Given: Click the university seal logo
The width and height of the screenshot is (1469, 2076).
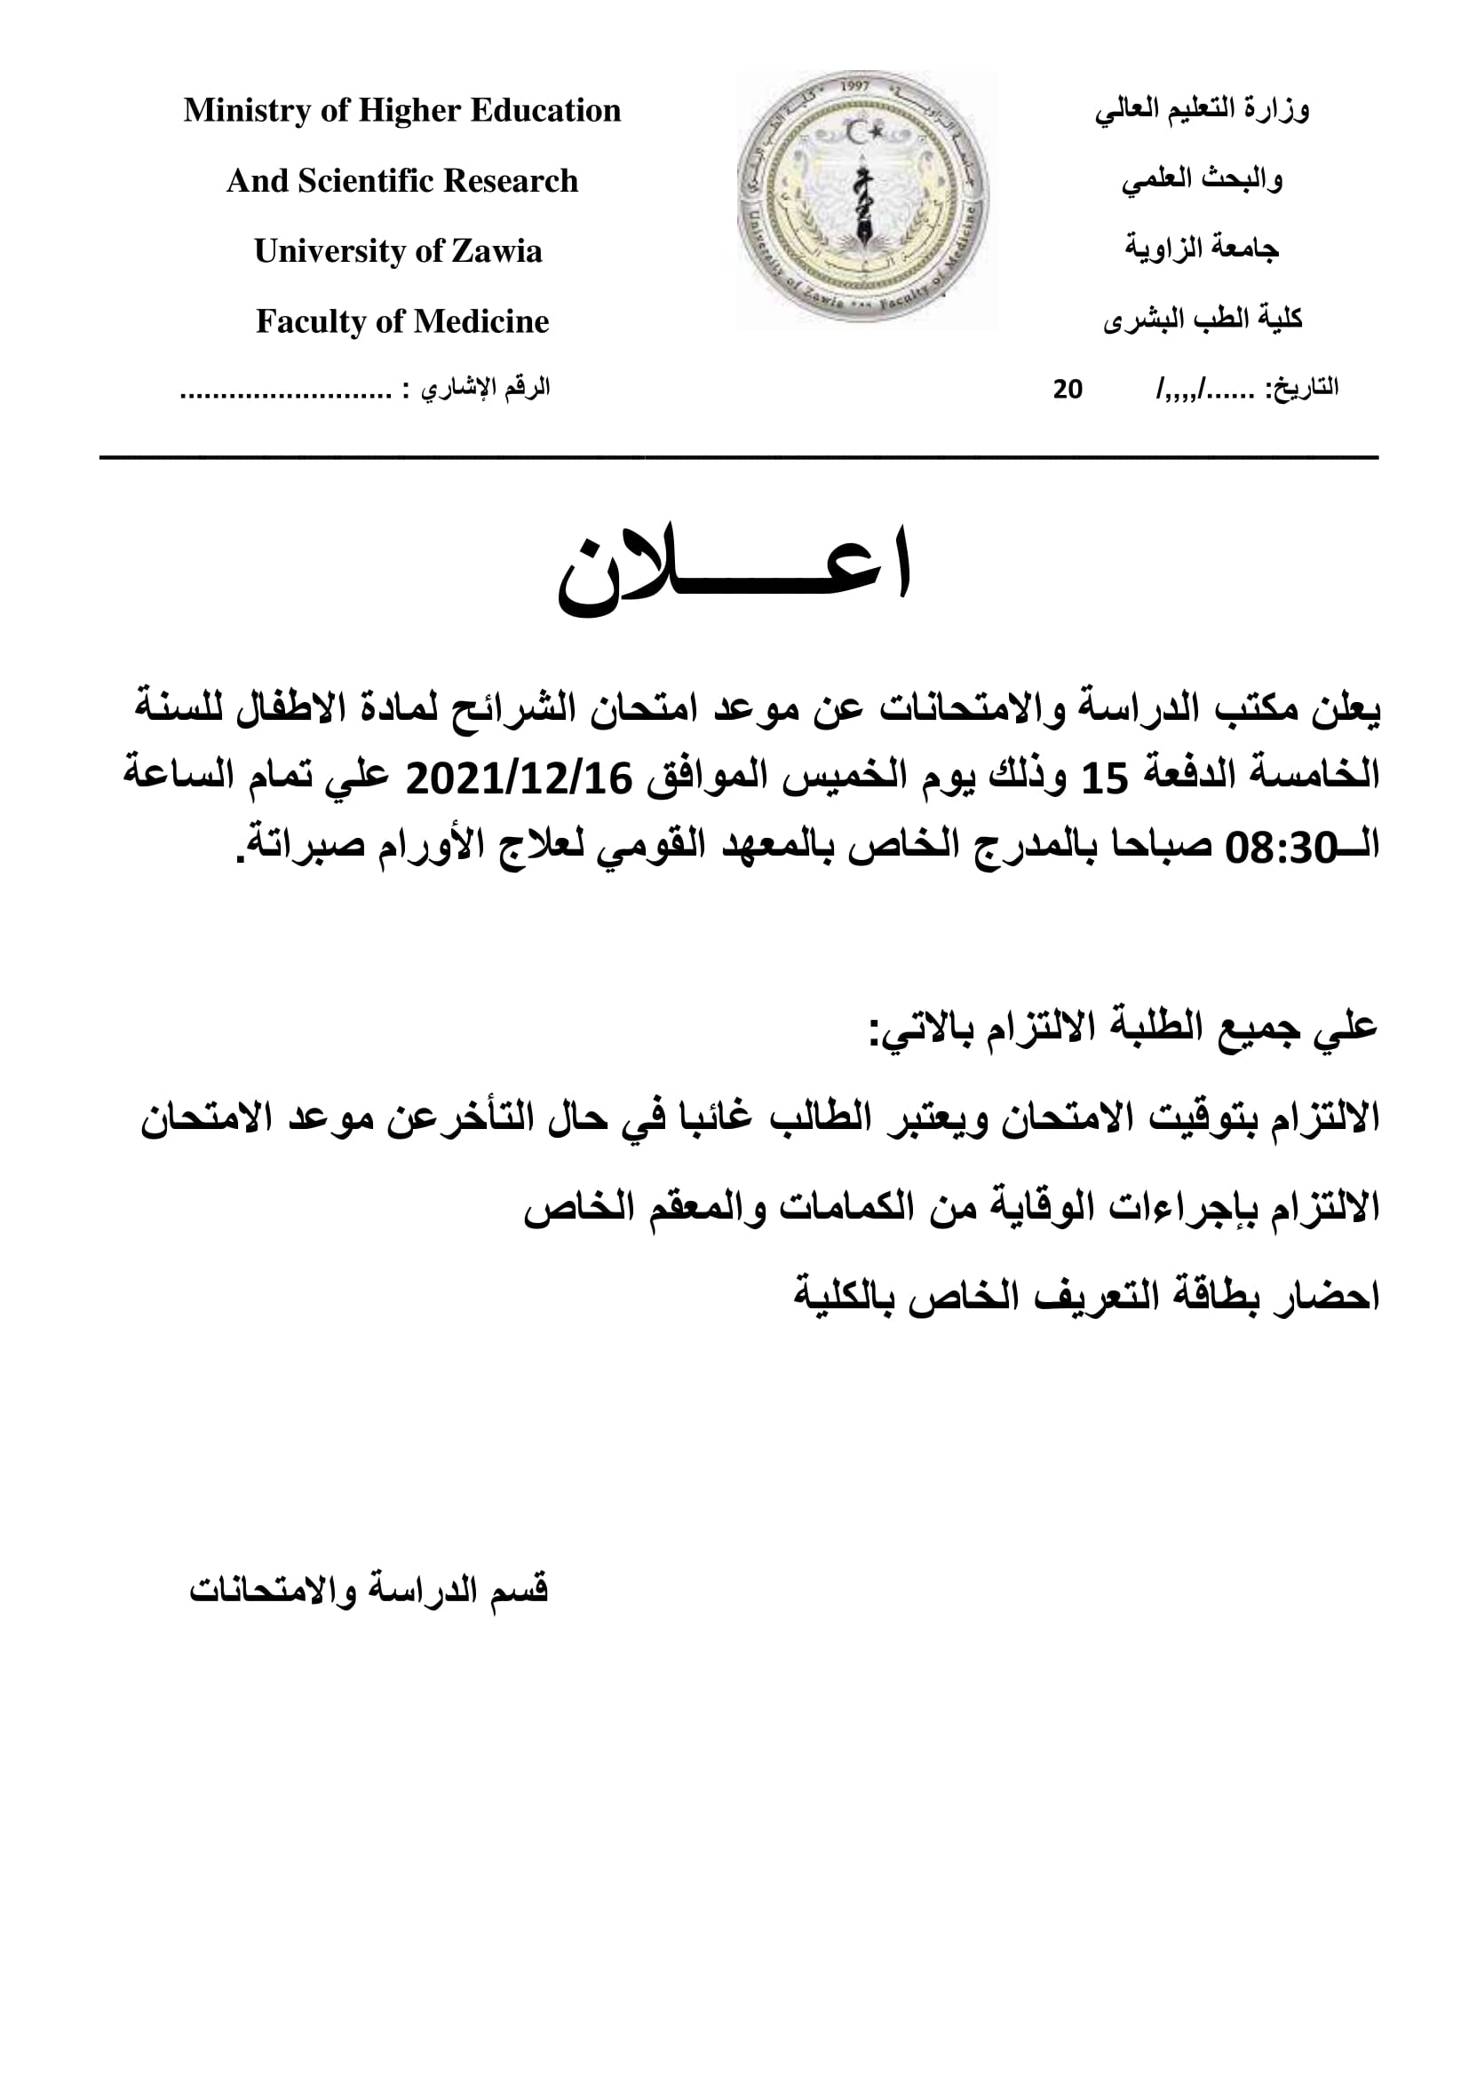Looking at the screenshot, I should (x=863, y=198).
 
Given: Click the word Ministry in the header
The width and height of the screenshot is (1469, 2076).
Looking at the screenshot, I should (x=234, y=110).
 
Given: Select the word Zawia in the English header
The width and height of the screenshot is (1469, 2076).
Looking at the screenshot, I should (x=496, y=251).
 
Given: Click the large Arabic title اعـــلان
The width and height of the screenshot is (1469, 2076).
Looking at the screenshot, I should (x=734, y=570).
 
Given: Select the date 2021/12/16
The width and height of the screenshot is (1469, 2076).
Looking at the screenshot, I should (x=519, y=778).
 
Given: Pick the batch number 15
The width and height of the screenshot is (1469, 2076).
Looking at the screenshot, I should (x=1106, y=778).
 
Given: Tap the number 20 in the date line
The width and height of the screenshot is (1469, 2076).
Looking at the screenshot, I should (x=1068, y=389).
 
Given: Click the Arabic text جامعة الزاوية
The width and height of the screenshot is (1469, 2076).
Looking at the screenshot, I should (x=1203, y=249).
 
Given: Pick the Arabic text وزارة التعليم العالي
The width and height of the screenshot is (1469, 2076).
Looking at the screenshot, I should (x=1203, y=110).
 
